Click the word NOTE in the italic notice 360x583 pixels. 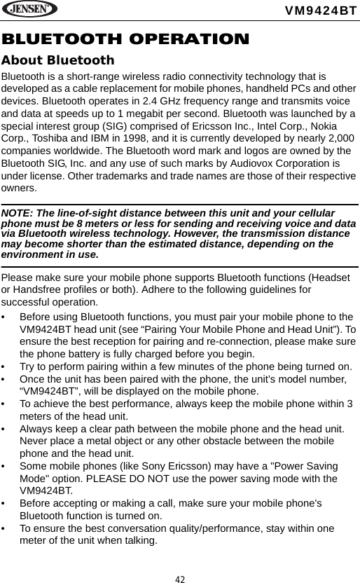[18, 213]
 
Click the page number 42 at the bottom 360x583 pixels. [180, 578]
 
